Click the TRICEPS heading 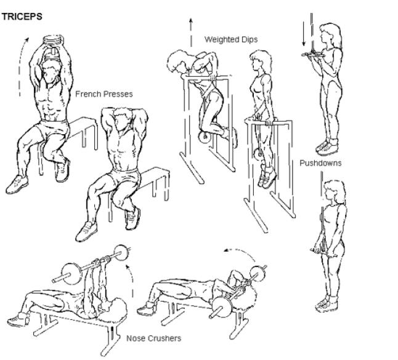tap(22, 17)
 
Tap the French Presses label tap(104, 94)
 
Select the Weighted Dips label tap(231, 39)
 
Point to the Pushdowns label tap(320, 162)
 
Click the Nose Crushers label tap(154, 338)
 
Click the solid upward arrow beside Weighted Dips tap(191, 33)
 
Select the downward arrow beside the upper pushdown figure tap(304, 34)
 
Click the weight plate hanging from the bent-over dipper tap(205, 137)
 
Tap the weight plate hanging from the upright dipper tap(259, 154)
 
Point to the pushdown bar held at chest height tap(313, 55)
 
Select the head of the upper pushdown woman tap(330, 34)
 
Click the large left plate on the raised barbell tap(71, 274)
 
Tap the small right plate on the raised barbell tap(121, 252)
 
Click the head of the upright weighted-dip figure tap(260, 60)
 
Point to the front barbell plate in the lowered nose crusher tap(221, 306)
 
